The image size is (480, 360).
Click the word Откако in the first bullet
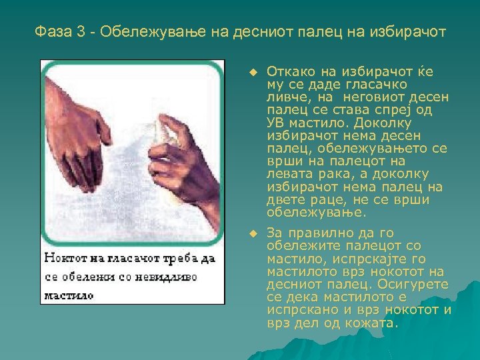(x=287, y=72)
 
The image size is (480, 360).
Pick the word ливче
(x=286, y=97)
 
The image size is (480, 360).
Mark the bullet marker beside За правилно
(x=251, y=233)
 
